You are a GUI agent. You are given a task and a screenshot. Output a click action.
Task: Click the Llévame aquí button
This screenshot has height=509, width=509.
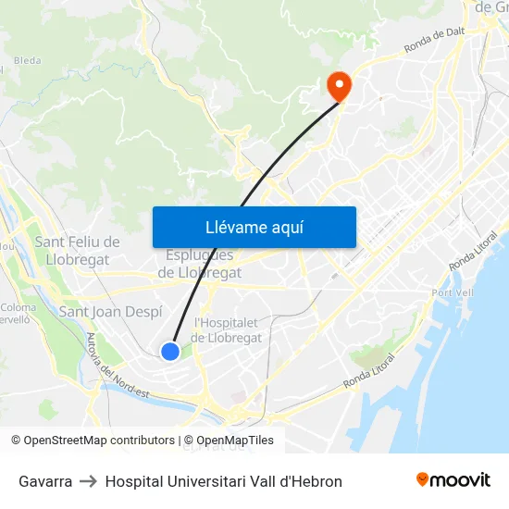click(254, 227)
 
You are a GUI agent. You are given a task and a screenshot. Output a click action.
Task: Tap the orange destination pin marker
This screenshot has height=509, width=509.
click(340, 86)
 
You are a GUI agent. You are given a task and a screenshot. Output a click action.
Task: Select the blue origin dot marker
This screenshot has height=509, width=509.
click(170, 351)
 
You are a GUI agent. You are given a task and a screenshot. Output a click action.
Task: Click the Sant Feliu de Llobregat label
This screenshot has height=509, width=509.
click(77, 250)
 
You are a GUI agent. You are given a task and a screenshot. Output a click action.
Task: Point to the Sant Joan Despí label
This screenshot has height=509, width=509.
click(110, 312)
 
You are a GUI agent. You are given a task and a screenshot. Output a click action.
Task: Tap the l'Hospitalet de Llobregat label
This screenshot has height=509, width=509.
click(228, 329)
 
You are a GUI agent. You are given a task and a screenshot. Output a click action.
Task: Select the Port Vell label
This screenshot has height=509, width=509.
click(453, 293)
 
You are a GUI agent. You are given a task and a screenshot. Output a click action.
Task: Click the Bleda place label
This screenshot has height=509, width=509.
click(28, 60)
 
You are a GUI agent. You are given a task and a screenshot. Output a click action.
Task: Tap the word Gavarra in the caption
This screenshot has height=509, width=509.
click(45, 481)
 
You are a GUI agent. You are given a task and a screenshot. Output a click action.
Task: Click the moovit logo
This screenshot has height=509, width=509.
click(453, 479)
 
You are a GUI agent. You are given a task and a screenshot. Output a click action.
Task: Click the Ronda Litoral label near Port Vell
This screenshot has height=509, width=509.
click(472, 251)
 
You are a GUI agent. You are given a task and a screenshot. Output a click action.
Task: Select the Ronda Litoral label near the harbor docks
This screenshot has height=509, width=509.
click(369, 370)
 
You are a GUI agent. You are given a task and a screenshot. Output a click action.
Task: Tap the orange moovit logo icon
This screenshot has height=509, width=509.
click(423, 479)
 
